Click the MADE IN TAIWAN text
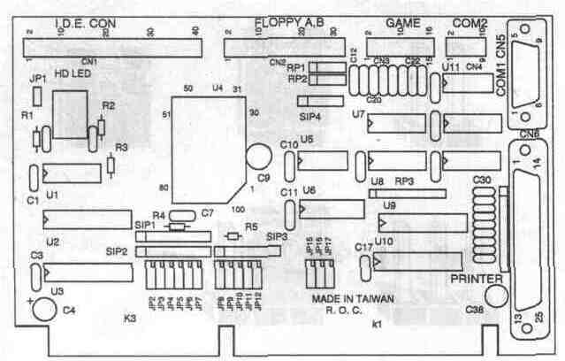(x=353, y=299)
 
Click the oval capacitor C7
(x=183, y=214)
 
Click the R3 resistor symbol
(x=110, y=165)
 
